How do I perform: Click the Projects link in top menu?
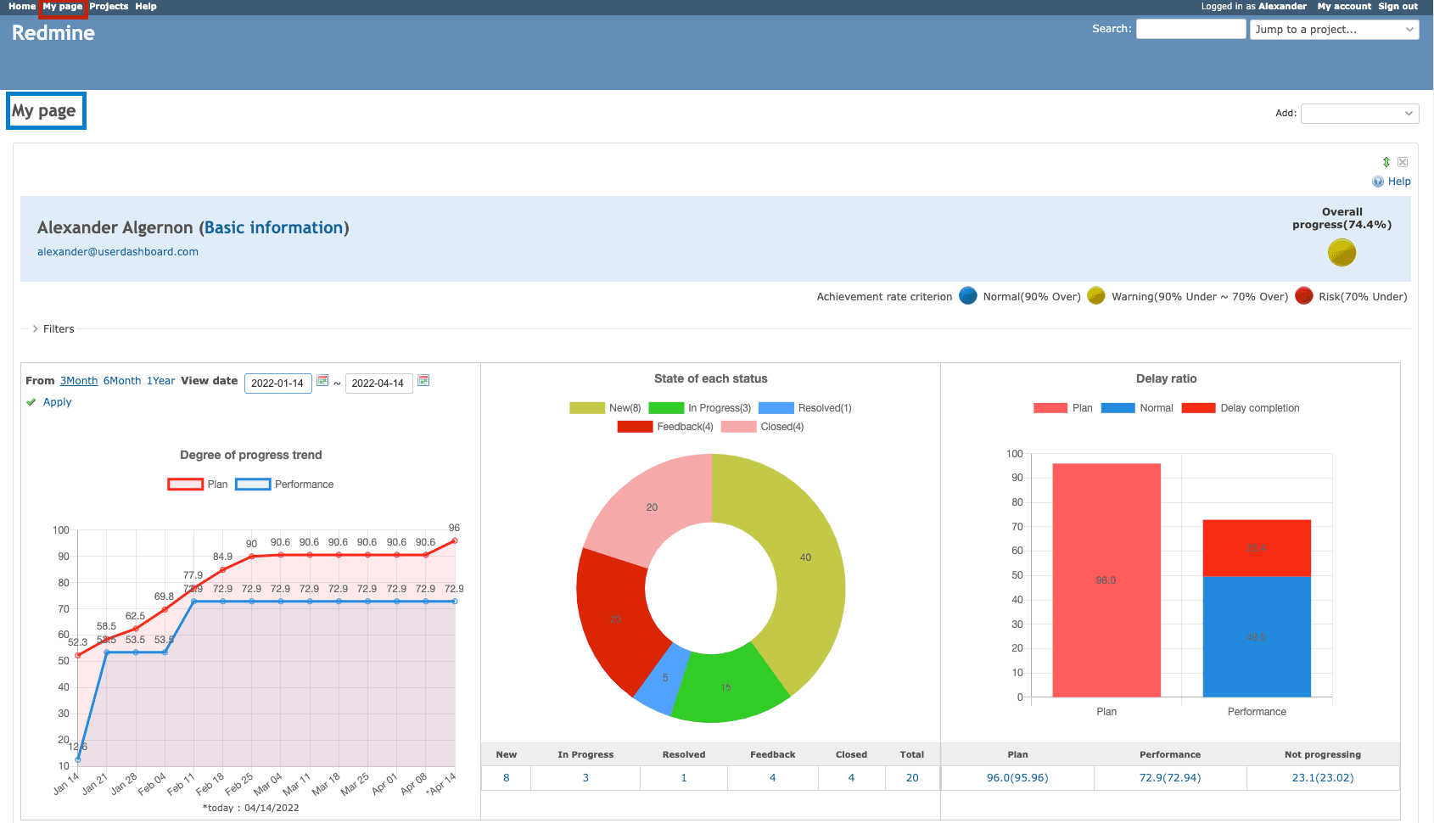click(x=109, y=6)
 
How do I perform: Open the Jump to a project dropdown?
click(x=1334, y=30)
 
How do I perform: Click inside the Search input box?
click(x=1190, y=29)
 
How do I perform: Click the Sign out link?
click(x=1398, y=6)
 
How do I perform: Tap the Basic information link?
click(x=274, y=227)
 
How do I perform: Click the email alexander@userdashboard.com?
click(x=118, y=252)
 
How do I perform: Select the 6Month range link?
click(x=122, y=381)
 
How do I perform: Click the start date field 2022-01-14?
click(x=277, y=384)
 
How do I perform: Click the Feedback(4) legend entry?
click(x=666, y=427)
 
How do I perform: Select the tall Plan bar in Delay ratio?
click(x=1106, y=580)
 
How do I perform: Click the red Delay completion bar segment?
click(x=1256, y=548)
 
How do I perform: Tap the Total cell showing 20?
click(x=911, y=778)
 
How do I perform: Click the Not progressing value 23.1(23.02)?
click(x=1322, y=778)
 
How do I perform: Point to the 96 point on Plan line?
click(x=455, y=540)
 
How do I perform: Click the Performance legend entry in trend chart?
click(x=285, y=484)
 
